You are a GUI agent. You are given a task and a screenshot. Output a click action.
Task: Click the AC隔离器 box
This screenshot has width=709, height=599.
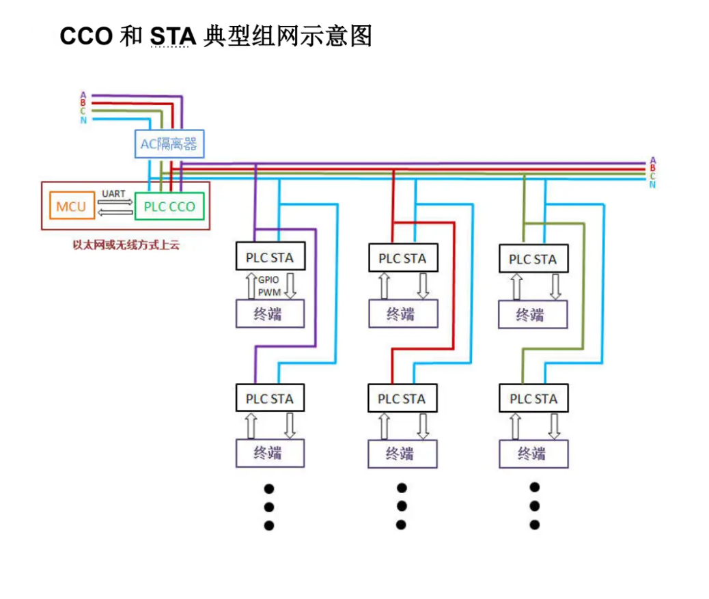(169, 144)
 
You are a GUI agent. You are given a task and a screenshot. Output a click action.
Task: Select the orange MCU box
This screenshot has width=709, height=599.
(71, 206)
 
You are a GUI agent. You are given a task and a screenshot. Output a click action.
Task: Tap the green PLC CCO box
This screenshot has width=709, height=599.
(169, 206)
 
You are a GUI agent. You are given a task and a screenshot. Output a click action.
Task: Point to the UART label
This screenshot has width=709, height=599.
(113, 194)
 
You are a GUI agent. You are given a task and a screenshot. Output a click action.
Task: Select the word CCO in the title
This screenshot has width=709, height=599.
(86, 36)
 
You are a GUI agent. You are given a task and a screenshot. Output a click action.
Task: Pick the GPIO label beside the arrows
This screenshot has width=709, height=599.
(268, 280)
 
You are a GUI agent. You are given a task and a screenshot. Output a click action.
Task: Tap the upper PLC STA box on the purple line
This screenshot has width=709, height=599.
(270, 257)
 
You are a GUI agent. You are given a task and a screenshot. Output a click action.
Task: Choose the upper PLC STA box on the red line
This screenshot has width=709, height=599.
(402, 258)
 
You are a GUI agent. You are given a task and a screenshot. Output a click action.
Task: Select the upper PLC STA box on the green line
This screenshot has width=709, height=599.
(533, 260)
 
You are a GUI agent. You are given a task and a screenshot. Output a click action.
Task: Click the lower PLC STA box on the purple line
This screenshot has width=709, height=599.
(270, 398)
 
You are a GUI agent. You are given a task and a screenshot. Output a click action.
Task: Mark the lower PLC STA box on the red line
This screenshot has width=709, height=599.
(402, 398)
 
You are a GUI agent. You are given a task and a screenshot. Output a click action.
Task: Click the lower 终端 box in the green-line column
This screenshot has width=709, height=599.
(533, 454)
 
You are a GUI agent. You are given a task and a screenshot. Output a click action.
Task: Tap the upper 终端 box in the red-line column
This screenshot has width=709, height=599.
(402, 314)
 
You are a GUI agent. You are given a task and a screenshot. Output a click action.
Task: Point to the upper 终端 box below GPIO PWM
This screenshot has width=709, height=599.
(270, 314)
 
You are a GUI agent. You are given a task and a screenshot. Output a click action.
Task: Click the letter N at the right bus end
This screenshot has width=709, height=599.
(652, 184)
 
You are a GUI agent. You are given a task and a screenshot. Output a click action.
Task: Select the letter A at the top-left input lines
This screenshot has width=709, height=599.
(83, 95)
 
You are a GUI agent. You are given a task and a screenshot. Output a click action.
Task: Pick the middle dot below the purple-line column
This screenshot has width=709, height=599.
(269, 507)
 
